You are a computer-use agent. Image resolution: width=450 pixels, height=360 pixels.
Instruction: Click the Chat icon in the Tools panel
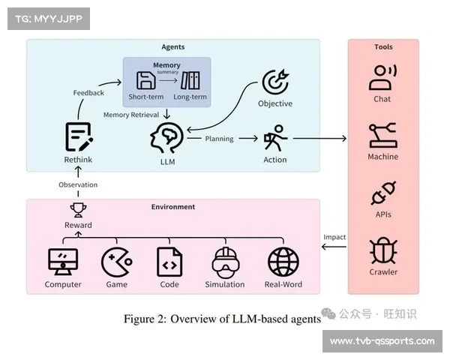pos(382,78)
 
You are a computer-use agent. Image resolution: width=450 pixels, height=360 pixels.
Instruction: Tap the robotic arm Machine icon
pos(382,136)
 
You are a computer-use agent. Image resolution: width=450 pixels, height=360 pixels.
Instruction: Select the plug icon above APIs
pos(382,193)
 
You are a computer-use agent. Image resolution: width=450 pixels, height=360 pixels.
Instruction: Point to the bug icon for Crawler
pos(382,250)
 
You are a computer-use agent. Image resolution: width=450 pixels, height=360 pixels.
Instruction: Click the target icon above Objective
pos(274,83)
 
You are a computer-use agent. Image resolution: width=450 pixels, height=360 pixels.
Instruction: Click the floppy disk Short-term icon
pos(145,81)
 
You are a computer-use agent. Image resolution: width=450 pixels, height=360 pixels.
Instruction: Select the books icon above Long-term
pos(190,81)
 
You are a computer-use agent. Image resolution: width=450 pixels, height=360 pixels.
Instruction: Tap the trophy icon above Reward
pos(78,210)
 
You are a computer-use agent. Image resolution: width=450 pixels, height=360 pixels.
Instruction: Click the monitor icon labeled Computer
pos(63,262)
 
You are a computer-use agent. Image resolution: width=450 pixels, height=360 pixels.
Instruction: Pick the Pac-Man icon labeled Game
pos(116,262)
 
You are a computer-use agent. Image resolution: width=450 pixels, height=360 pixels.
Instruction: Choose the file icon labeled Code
pos(169,262)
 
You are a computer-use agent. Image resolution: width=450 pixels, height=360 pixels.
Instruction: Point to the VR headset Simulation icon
pos(224,262)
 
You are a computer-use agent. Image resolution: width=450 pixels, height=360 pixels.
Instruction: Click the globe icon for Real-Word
pos(283,262)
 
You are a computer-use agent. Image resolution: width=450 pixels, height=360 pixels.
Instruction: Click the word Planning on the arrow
pos(220,139)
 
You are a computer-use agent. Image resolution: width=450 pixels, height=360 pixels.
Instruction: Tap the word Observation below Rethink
pos(78,184)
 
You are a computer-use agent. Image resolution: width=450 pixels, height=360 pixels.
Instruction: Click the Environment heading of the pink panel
pos(173,207)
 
